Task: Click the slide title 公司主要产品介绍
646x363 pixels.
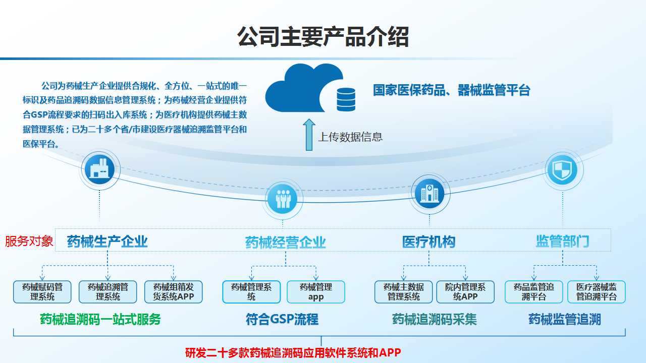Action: pos(323,37)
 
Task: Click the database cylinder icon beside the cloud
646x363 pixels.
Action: pos(346,100)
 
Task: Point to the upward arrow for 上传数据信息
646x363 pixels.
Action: pos(309,135)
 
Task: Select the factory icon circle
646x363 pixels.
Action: pos(99,169)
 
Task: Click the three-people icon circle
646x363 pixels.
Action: pos(283,199)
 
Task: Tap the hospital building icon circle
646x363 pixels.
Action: pos(429,194)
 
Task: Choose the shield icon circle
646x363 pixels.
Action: pos(562,170)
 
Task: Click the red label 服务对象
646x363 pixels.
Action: pos(29,241)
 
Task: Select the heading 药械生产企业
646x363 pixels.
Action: pos(107,241)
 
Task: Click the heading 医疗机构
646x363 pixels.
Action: pos(429,241)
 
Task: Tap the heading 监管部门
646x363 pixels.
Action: pos(562,241)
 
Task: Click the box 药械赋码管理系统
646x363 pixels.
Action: pos(42,292)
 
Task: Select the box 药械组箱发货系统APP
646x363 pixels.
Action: pos(173,292)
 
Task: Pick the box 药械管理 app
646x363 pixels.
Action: pos(316,292)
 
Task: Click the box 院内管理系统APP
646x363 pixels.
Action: pos(465,292)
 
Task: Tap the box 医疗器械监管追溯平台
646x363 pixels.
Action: pos(597,292)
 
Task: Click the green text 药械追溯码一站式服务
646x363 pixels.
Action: pos(100,319)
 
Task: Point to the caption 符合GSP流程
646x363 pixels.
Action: pos(282,319)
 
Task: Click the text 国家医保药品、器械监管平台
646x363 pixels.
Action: pos(451,90)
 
